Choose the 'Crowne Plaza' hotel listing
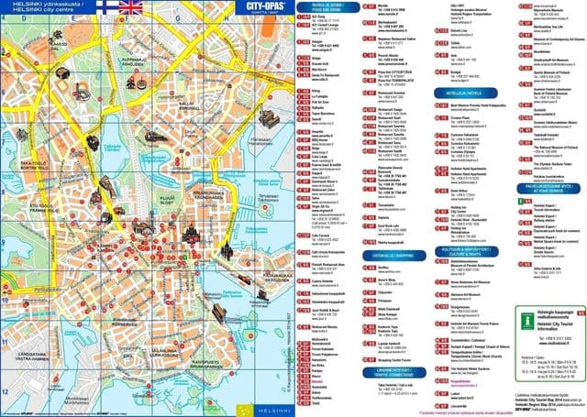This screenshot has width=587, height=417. [453, 116]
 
